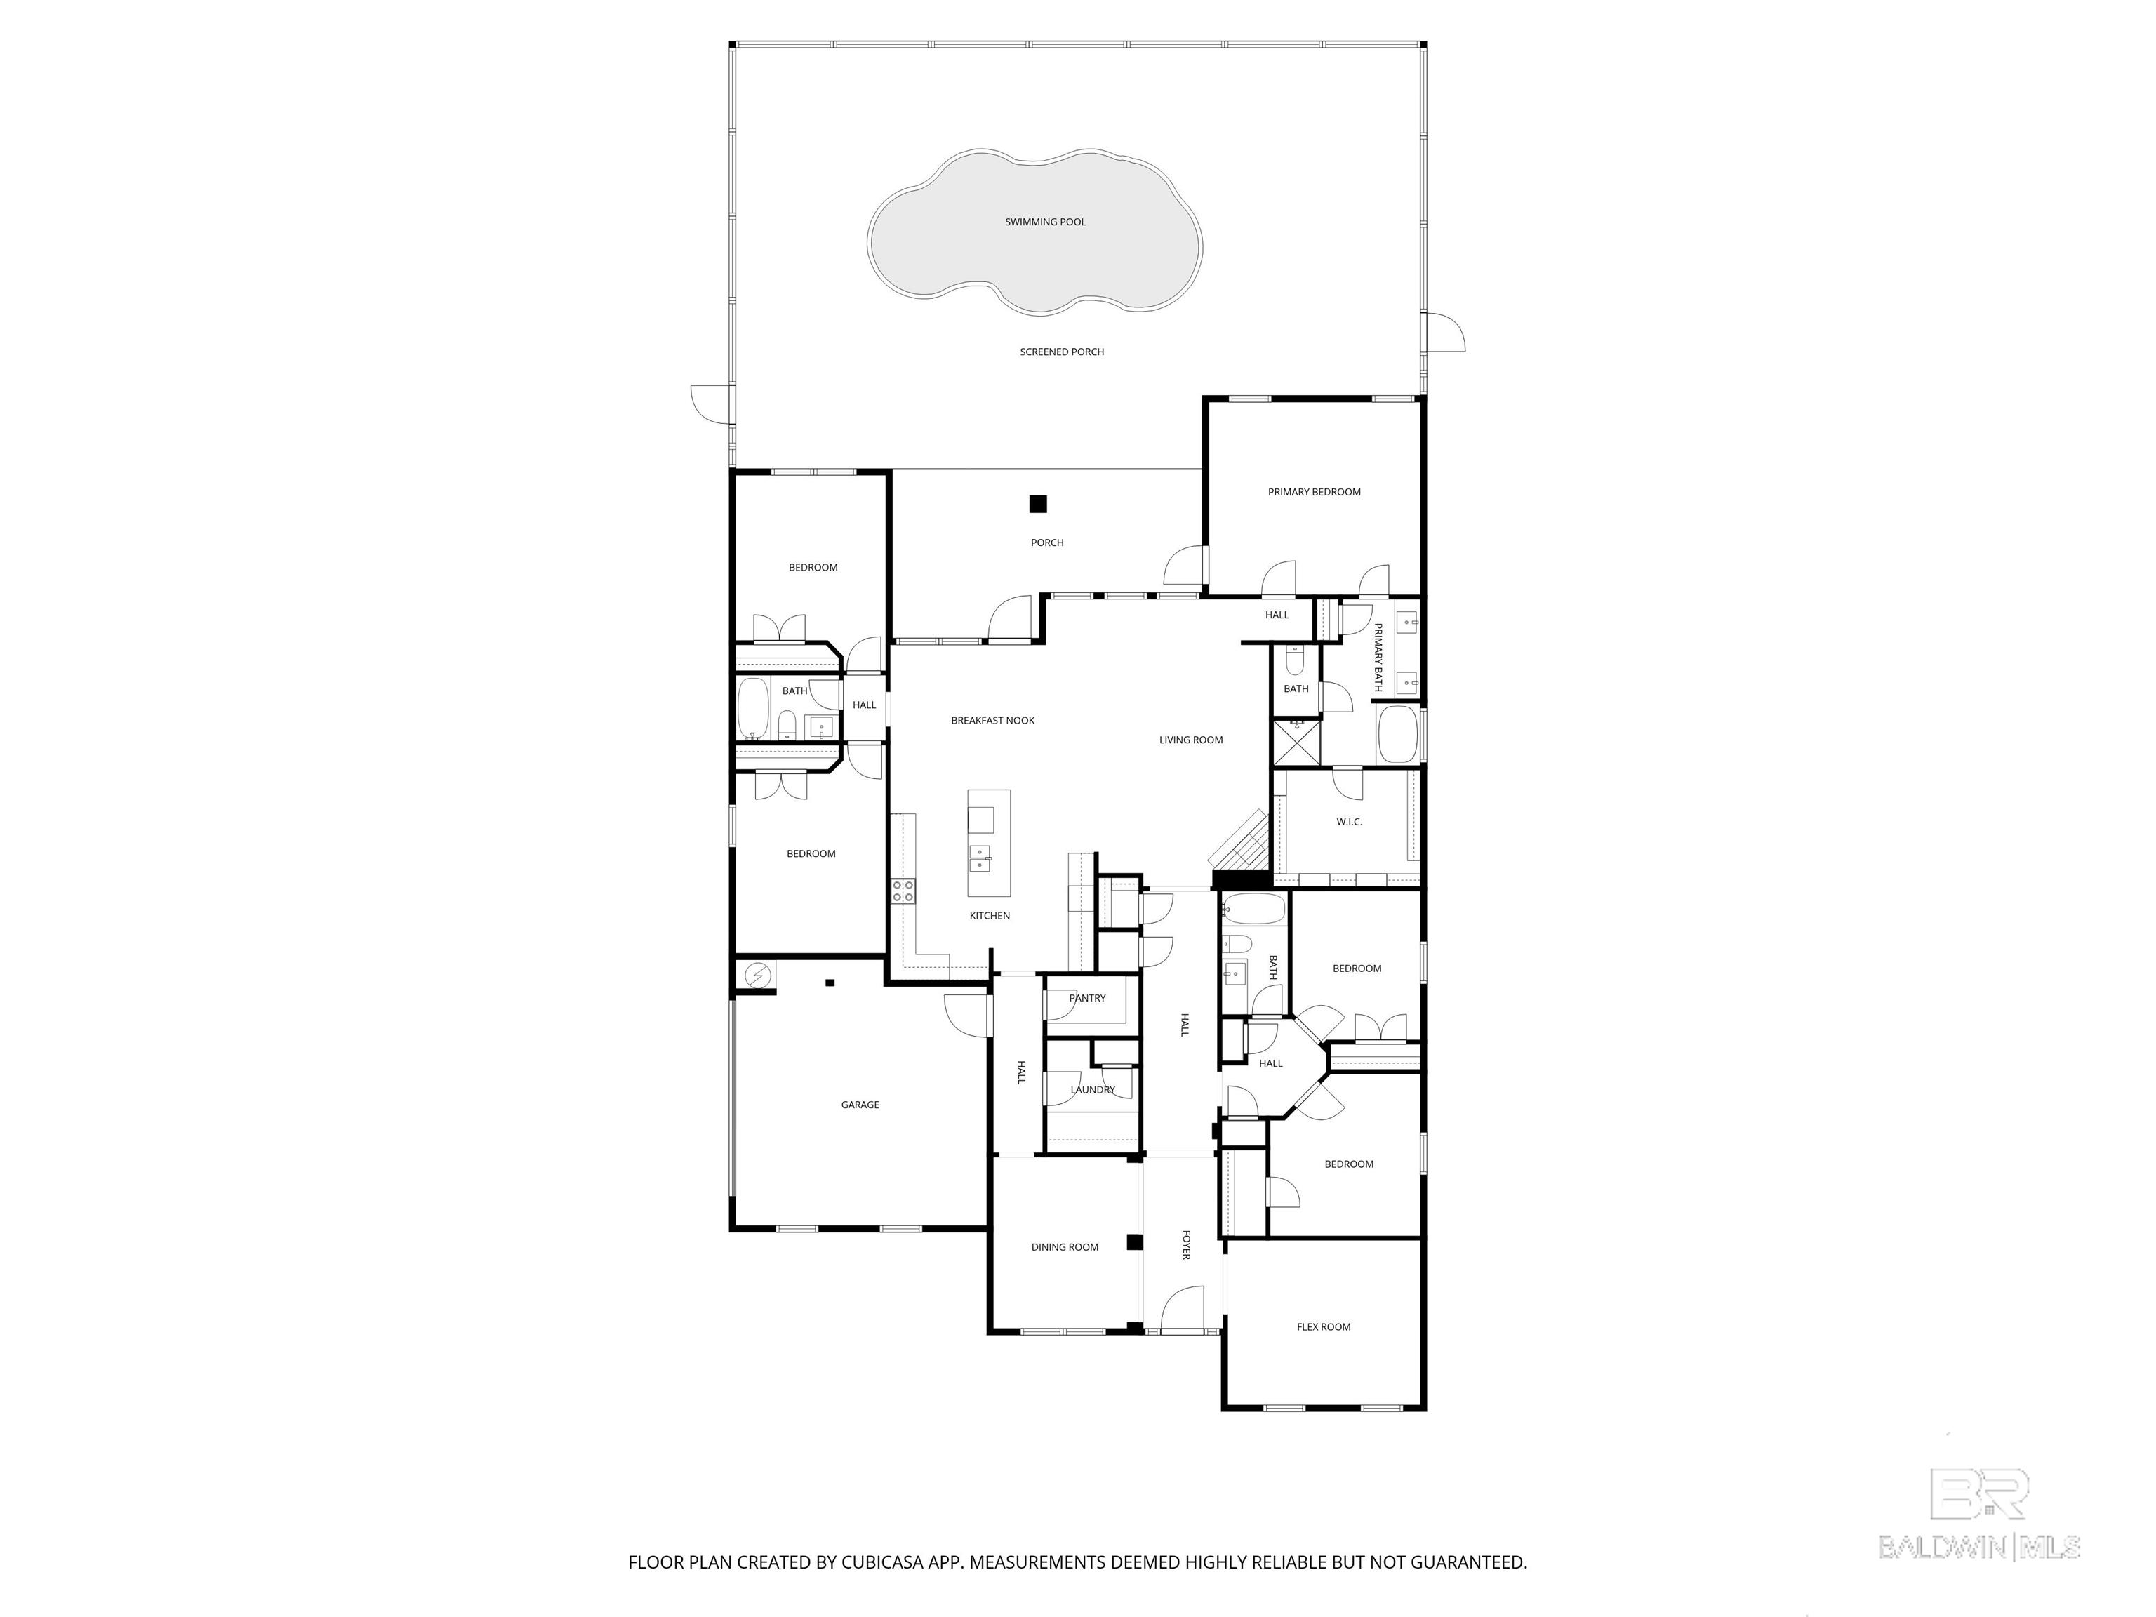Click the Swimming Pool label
pyautogui.click(x=1045, y=222)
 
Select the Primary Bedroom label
pyautogui.click(x=1314, y=492)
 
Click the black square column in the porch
pyautogui.click(x=1038, y=504)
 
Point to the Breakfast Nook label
pyautogui.click(x=992, y=720)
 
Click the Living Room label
pyautogui.click(x=1190, y=740)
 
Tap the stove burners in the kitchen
pyautogui.click(x=903, y=890)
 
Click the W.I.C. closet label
pyautogui.click(x=1349, y=822)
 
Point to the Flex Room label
pyautogui.click(x=1324, y=1326)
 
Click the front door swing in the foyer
pyautogui.click(x=1183, y=1308)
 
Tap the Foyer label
pyautogui.click(x=1186, y=1244)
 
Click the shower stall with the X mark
pyautogui.click(x=1296, y=742)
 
